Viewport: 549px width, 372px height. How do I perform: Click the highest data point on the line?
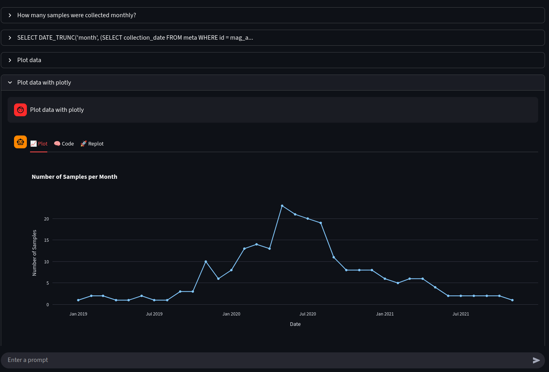pyautogui.click(x=282, y=206)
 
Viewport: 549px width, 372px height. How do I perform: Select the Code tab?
pyautogui.click(x=64, y=144)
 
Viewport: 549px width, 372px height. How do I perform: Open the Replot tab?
pyautogui.click(x=92, y=144)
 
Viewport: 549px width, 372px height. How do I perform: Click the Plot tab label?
pyautogui.click(x=39, y=144)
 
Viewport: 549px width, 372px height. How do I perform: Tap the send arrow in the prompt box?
pyautogui.click(x=536, y=360)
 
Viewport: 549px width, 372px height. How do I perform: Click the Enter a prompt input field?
pyautogui.click(x=264, y=360)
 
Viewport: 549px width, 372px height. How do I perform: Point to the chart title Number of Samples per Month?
pyautogui.click(x=75, y=177)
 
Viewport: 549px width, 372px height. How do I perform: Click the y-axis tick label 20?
pyautogui.click(x=46, y=219)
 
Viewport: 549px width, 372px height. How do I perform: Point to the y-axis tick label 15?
pyautogui.click(x=46, y=240)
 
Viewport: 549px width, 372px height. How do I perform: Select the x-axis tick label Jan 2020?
pyautogui.click(x=231, y=314)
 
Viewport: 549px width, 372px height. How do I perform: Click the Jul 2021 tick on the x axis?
pyautogui.click(x=461, y=314)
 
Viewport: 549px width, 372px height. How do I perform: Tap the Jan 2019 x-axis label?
pyautogui.click(x=78, y=314)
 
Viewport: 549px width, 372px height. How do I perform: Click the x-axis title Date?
pyautogui.click(x=295, y=324)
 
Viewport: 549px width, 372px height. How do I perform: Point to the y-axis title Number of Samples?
pyautogui.click(x=34, y=253)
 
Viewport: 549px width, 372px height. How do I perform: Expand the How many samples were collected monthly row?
pyautogui.click(x=77, y=15)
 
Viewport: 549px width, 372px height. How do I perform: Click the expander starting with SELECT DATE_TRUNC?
pyautogui.click(x=135, y=38)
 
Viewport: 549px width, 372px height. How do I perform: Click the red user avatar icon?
pyautogui.click(x=20, y=110)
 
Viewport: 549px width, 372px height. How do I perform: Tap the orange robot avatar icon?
pyautogui.click(x=20, y=142)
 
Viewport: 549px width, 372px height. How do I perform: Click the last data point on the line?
pyautogui.click(x=513, y=300)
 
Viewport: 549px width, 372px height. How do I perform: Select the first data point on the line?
pyautogui.click(x=78, y=300)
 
